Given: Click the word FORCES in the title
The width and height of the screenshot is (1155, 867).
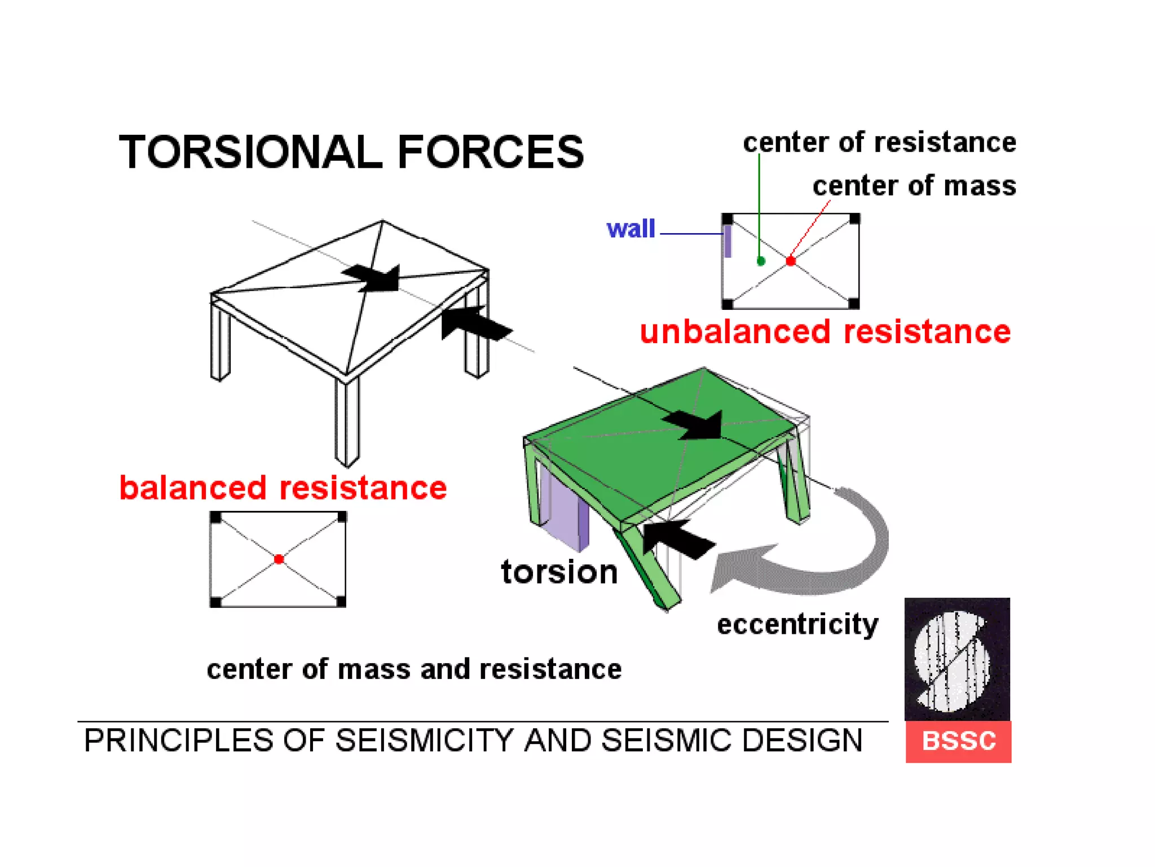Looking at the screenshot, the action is (490, 152).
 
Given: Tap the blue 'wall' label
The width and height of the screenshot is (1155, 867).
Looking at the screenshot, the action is (631, 229).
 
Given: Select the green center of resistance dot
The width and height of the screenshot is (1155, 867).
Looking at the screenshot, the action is (761, 261).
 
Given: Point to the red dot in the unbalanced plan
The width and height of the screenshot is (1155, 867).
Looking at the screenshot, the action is (791, 261).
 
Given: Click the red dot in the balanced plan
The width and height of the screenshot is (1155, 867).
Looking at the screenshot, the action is (279, 559).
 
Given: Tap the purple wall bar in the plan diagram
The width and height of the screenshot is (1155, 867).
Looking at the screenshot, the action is (728, 241).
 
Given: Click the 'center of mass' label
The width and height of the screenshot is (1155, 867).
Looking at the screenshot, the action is (914, 186).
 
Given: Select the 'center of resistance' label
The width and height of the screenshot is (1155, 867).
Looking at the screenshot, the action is (879, 142).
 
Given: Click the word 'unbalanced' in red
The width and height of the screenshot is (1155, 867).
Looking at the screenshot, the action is (735, 331).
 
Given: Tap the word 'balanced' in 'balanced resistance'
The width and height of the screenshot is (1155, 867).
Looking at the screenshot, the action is (192, 488).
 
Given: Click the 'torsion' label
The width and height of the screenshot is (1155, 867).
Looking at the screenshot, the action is (559, 572).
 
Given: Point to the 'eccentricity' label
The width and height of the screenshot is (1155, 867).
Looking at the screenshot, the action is (797, 624).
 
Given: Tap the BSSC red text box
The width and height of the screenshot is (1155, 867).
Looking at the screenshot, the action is (958, 741).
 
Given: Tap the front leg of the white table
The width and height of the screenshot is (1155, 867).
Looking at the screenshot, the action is (347, 421).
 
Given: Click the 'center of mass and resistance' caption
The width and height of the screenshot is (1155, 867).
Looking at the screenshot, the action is (414, 669).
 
